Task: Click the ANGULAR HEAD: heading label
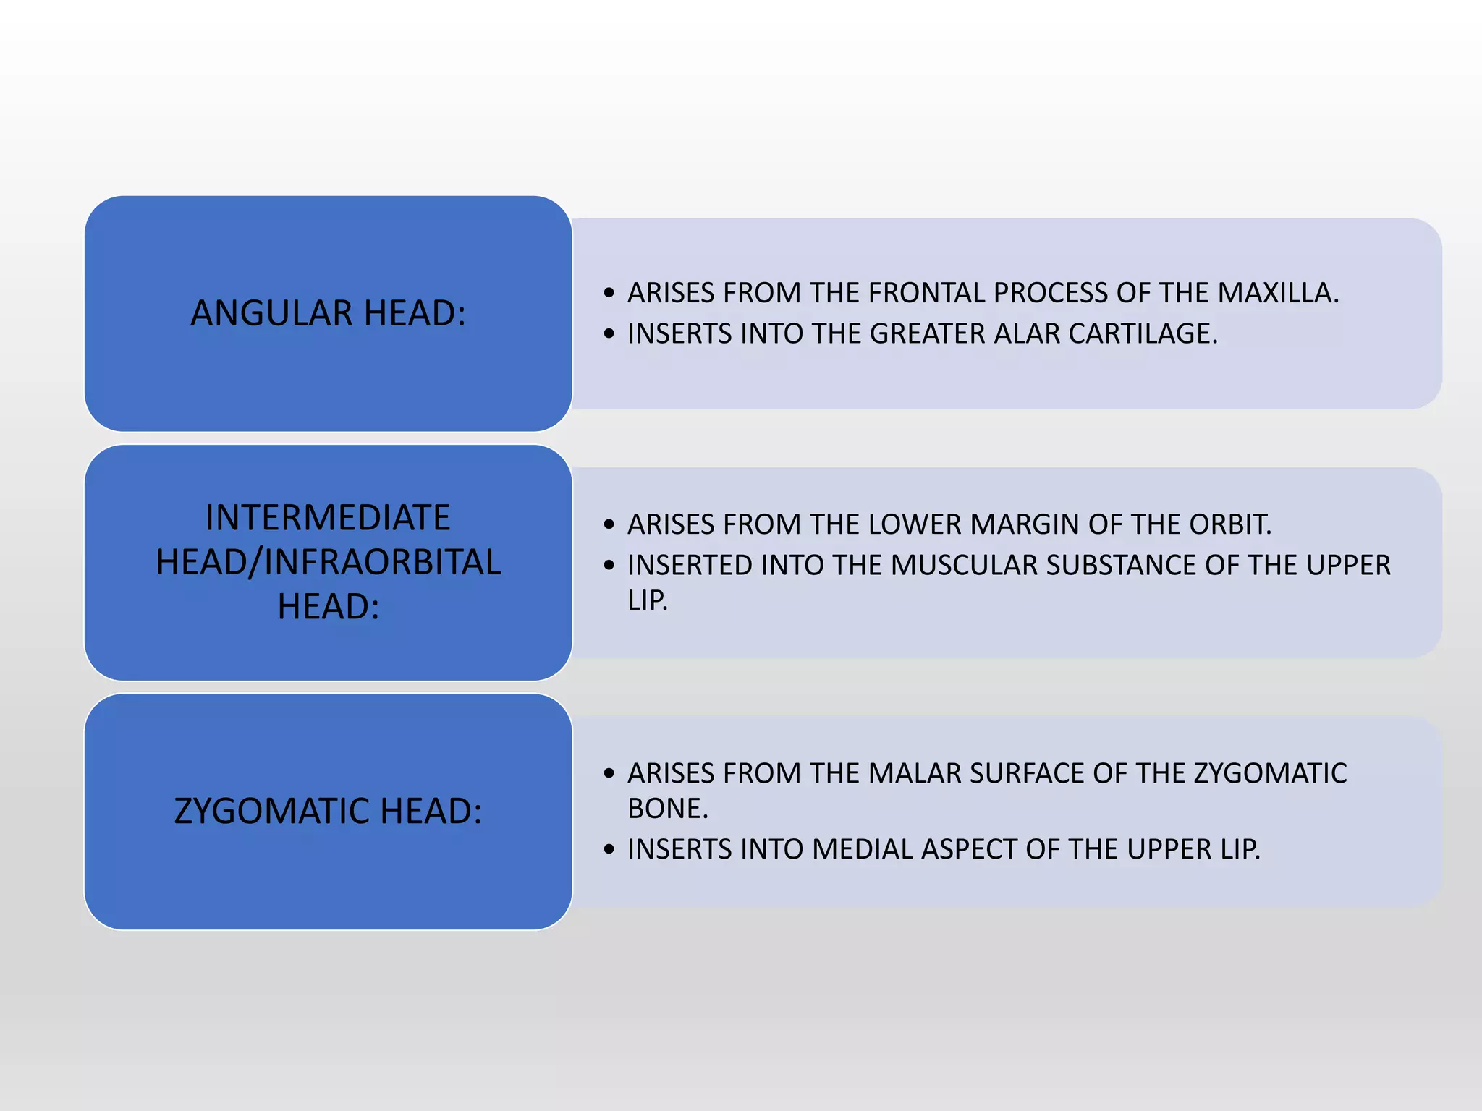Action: (328, 313)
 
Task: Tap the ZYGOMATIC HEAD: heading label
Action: (328, 811)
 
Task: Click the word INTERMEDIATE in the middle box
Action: (328, 518)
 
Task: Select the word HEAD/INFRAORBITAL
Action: (328, 563)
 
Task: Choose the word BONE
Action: (667, 809)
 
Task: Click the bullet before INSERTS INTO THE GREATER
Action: (609, 334)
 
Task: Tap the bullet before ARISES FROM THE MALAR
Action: (609, 774)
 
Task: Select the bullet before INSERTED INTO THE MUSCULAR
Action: (609, 566)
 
